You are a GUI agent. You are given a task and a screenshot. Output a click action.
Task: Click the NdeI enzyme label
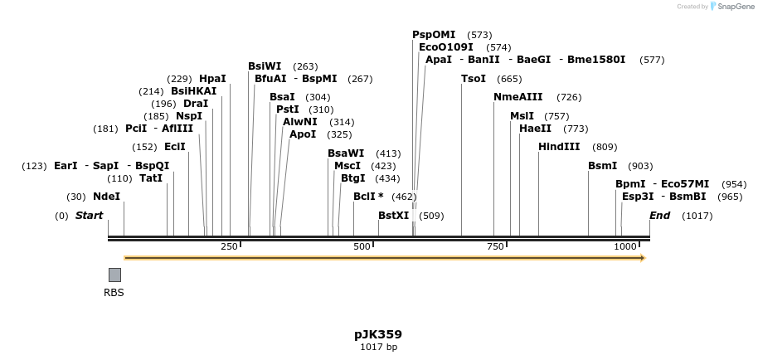[x=106, y=197]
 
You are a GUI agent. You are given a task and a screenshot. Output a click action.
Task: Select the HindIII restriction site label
[x=559, y=147]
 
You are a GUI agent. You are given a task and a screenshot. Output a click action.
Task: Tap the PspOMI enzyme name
[x=434, y=35]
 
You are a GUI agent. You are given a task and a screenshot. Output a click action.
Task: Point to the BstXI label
[x=394, y=216]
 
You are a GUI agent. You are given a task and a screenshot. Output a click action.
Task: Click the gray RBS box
[x=114, y=275]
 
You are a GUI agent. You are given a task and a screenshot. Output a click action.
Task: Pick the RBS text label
[x=114, y=292]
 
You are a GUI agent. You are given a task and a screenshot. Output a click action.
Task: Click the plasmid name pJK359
[x=378, y=334]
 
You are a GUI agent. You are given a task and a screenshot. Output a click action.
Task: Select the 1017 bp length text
[x=378, y=347]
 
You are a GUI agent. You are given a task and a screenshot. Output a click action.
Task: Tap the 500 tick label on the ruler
[x=362, y=246]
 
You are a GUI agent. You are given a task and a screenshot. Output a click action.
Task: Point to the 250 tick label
[x=229, y=246]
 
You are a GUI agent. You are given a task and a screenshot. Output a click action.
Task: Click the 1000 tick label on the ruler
[x=625, y=246]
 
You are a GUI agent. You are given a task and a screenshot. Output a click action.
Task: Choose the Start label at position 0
[x=89, y=216]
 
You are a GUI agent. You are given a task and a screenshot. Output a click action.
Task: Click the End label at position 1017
[x=659, y=216]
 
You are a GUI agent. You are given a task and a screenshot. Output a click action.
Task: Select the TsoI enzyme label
[x=474, y=79]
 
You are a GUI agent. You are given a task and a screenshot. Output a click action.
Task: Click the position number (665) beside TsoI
[x=509, y=79]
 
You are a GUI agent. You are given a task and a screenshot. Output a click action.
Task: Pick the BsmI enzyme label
[x=602, y=166]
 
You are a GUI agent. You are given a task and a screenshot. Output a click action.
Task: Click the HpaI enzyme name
[x=212, y=79]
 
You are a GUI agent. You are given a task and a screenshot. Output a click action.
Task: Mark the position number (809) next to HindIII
[x=605, y=147]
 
